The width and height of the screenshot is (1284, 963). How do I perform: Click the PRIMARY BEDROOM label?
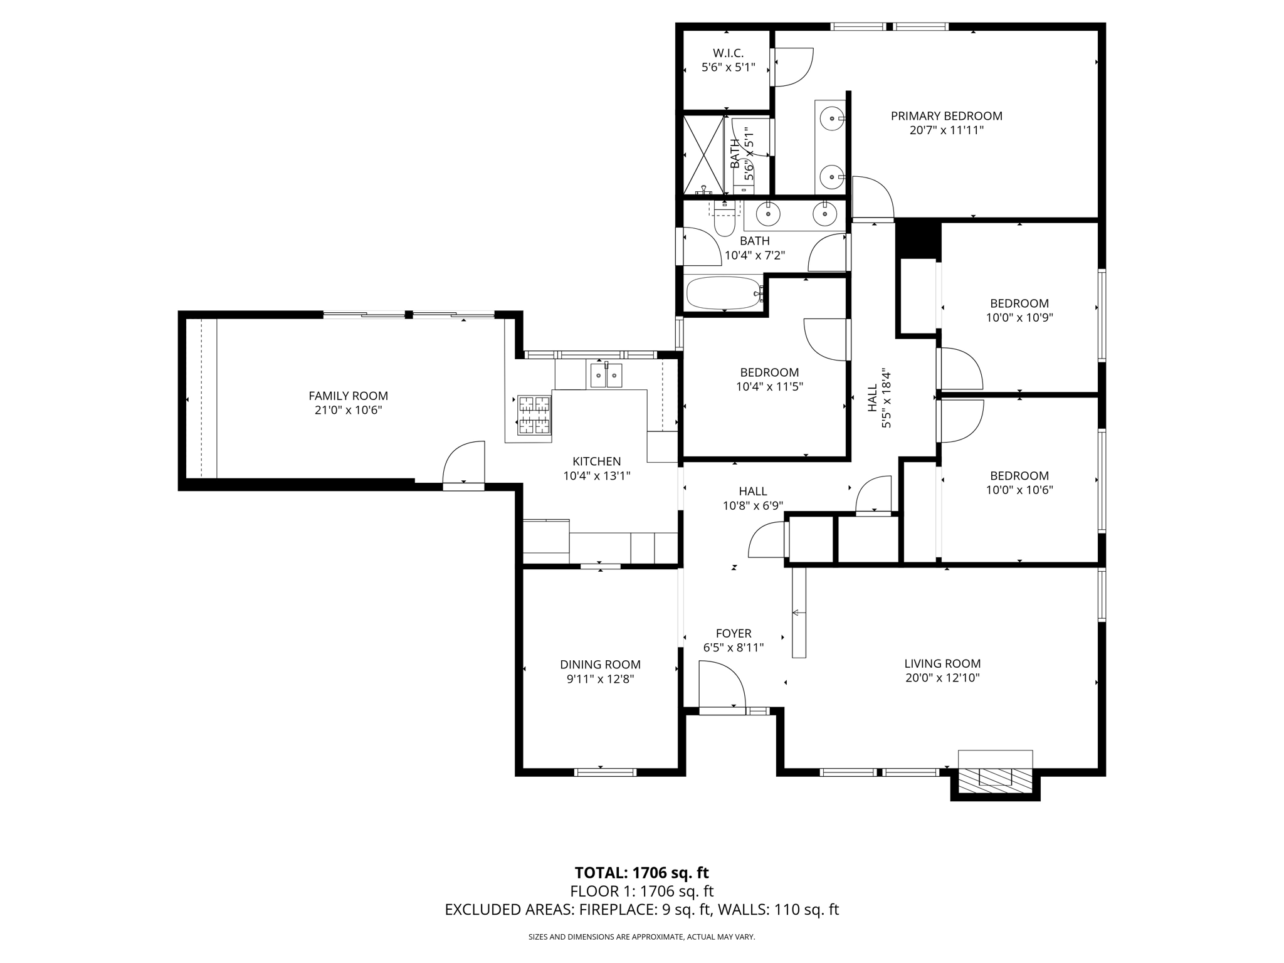[x=946, y=116]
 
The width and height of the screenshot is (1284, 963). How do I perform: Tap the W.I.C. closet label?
[x=728, y=53]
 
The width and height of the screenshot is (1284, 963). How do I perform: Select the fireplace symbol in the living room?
[x=995, y=777]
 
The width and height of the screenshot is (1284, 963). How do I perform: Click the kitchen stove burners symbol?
[x=534, y=414]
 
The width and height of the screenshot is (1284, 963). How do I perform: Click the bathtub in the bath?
[x=724, y=293]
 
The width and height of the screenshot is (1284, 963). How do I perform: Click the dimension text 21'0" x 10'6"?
[x=348, y=410]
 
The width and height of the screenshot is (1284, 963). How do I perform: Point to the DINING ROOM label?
[x=600, y=665]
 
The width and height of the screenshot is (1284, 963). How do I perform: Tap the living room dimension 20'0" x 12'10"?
[x=942, y=678]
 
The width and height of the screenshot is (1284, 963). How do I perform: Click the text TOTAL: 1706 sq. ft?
[x=641, y=873]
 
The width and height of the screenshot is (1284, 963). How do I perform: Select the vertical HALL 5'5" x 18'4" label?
[x=879, y=398]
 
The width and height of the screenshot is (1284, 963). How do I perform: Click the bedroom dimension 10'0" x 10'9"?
[x=1019, y=318]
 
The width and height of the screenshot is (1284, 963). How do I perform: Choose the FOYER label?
[x=734, y=633]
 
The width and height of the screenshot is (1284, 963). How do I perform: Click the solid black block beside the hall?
[x=918, y=239]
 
